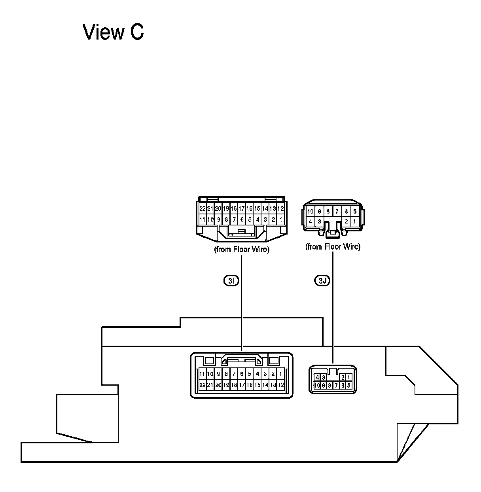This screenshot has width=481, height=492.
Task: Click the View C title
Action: pyautogui.click(x=113, y=32)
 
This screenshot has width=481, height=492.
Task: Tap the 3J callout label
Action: pyautogui.click(x=322, y=281)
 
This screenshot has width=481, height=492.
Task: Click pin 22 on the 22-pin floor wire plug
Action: pyautogui.click(x=203, y=208)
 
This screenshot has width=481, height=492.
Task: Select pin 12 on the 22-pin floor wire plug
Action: pyautogui.click(x=280, y=208)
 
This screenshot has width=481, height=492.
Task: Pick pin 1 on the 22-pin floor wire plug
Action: pyautogui.click(x=280, y=219)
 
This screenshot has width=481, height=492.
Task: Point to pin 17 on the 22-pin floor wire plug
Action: pyautogui.click(x=241, y=208)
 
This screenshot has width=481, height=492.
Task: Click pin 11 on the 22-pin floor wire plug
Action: pyautogui.click(x=203, y=219)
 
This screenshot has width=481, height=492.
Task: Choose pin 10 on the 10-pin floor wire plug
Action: pyautogui.click(x=311, y=211)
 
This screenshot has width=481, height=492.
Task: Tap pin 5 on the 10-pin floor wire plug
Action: pyautogui.click(x=355, y=211)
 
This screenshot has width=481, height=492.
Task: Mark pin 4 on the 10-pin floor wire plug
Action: pyautogui.click(x=311, y=221)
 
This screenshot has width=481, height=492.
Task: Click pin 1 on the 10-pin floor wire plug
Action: pyautogui.click(x=355, y=221)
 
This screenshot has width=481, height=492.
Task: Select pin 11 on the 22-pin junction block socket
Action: pyautogui.click(x=202, y=374)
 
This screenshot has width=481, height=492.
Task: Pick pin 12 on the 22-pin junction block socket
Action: pyautogui.click(x=281, y=385)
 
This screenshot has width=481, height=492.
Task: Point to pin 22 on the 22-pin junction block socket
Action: pyautogui.click(x=202, y=385)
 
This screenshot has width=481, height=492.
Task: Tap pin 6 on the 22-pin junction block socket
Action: pyautogui.click(x=242, y=374)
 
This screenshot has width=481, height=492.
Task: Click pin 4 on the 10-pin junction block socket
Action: pyautogui.click(x=317, y=377)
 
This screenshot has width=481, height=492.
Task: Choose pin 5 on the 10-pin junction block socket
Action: pyautogui.click(x=348, y=385)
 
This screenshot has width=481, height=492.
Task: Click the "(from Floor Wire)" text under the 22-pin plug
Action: pyautogui.click(x=241, y=250)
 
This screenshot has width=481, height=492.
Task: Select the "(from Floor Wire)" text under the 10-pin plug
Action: pyautogui.click(x=333, y=247)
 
